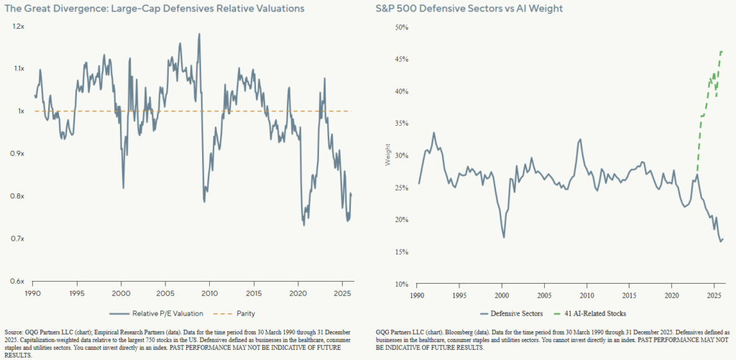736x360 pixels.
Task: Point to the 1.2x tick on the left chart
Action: tap(17, 26)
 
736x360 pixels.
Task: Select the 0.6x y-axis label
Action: tap(17, 281)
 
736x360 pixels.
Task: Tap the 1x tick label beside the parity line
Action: tap(20, 111)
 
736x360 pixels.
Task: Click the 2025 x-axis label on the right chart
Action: tap(714, 295)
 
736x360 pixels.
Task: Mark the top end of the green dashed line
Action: tap(722, 52)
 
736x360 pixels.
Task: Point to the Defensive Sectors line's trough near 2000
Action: tap(504, 236)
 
